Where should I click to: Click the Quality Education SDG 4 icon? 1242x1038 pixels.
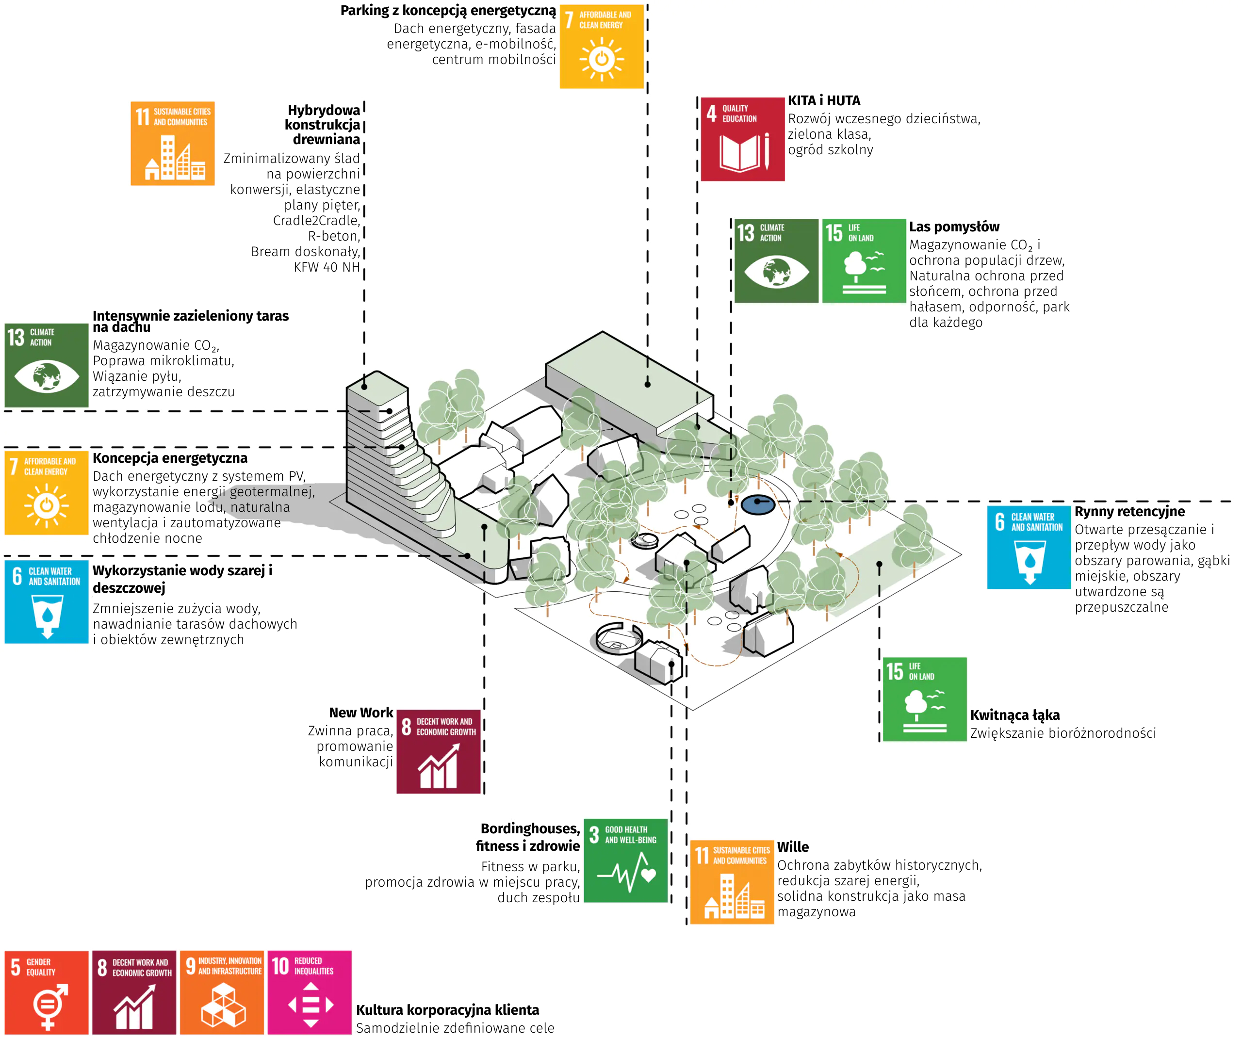742,139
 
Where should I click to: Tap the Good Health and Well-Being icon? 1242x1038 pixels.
626,860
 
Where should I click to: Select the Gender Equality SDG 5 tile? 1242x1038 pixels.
46,992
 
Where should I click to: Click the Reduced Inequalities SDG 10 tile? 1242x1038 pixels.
310,992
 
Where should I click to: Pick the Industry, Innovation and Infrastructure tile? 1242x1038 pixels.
222,992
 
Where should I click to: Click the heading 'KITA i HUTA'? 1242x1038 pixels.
824,100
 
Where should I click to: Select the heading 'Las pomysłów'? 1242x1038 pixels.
954,227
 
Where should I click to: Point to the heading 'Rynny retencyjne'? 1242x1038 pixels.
1129,511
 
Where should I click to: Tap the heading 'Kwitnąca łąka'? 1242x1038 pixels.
1014,715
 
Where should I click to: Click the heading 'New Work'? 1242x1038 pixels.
361,713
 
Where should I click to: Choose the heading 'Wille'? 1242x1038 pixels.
793,847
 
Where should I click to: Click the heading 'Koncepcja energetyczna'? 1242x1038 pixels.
170,458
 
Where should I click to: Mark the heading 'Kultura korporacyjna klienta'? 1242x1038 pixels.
447,1009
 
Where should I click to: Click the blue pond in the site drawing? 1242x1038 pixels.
758,504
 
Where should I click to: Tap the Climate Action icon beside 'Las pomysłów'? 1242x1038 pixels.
776,261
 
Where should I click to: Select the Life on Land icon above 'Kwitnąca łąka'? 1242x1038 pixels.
924,699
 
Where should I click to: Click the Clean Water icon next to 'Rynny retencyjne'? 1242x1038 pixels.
1029,547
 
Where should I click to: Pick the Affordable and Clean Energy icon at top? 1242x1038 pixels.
602,47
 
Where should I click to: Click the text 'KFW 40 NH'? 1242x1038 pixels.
327,267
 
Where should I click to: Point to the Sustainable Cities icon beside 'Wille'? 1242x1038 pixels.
732,882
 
